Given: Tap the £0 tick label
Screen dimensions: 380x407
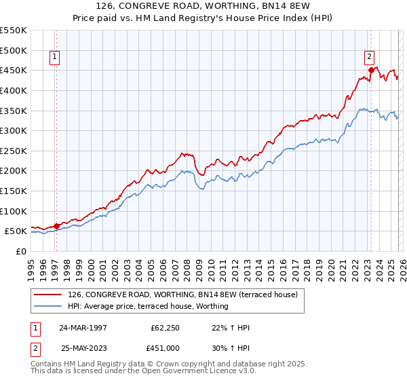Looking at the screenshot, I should (21, 251).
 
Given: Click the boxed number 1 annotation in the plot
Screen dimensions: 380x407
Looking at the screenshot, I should (54, 58).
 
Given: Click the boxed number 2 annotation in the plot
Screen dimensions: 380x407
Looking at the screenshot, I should (370, 58).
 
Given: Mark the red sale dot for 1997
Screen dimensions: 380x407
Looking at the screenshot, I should (57, 226).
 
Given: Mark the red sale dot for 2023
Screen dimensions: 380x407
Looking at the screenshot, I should (371, 69).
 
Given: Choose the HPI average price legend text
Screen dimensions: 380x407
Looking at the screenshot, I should (148, 306).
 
